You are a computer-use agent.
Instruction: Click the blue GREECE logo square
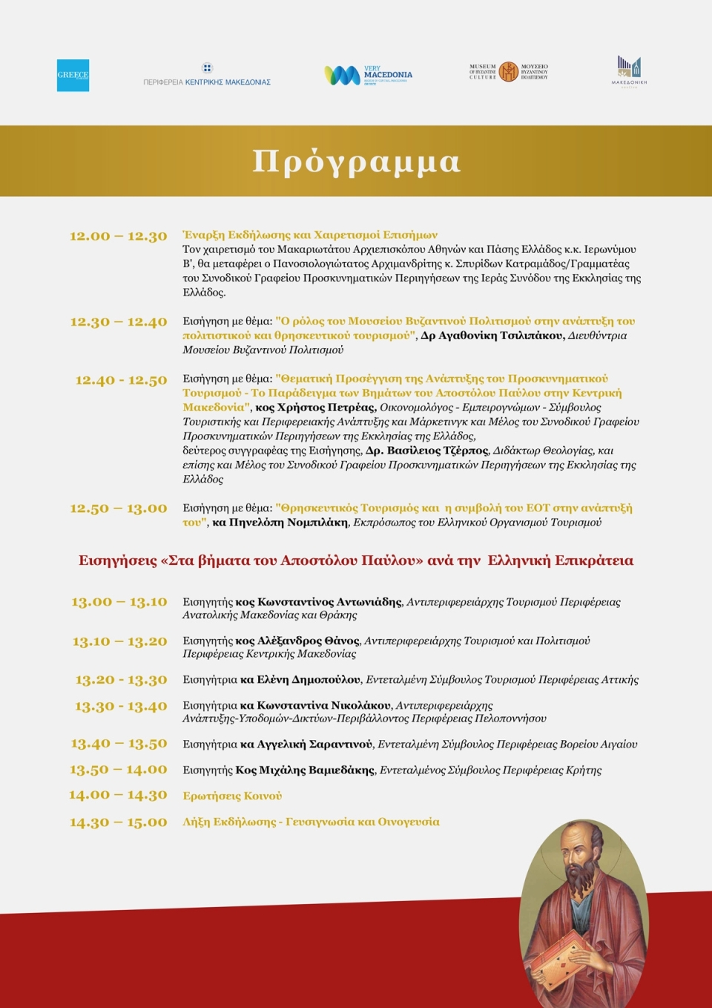point(73,76)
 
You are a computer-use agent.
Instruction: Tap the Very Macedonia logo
point(368,75)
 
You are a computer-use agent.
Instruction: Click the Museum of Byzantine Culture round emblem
point(508,71)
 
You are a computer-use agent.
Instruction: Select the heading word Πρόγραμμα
point(356,161)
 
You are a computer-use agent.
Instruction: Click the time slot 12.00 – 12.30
point(118,236)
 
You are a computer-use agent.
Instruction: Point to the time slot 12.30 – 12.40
point(118,322)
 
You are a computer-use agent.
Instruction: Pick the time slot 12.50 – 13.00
point(118,508)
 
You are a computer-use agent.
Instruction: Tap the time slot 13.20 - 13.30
point(121,680)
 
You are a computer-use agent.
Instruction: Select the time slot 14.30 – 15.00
point(118,822)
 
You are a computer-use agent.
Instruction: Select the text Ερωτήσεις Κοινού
point(232,796)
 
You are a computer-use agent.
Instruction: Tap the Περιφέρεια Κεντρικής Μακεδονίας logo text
point(207,82)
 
